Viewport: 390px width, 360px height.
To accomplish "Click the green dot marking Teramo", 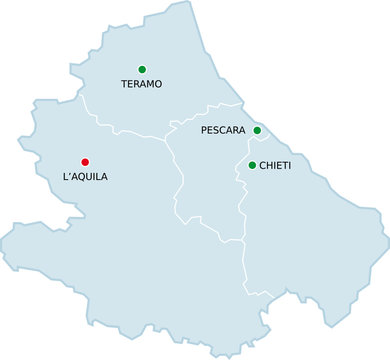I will pyautogui.click(x=142, y=69).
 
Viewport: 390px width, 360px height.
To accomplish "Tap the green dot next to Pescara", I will pyautogui.click(x=257, y=130).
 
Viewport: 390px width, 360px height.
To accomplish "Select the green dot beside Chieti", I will pyautogui.click(x=252, y=165).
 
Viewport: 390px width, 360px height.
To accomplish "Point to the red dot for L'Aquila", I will pyautogui.click(x=85, y=161).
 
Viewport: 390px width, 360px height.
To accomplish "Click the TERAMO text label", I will pyautogui.click(x=141, y=84).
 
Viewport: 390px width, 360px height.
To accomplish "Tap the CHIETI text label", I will pyautogui.click(x=275, y=165).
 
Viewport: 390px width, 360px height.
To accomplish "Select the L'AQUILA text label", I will pyautogui.click(x=85, y=177).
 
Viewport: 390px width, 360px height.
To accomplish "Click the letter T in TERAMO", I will pyautogui.click(x=124, y=84).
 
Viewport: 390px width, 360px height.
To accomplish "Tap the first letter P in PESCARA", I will pyautogui.click(x=204, y=131).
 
